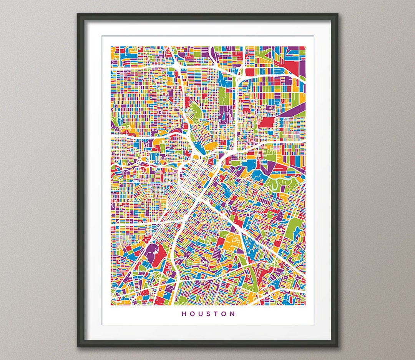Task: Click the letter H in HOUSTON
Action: tap(184, 314)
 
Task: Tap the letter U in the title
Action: tap(201, 314)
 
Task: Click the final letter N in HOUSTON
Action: tap(233, 314)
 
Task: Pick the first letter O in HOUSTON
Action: tap(192, 314)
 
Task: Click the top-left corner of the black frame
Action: tap(78, 15)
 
